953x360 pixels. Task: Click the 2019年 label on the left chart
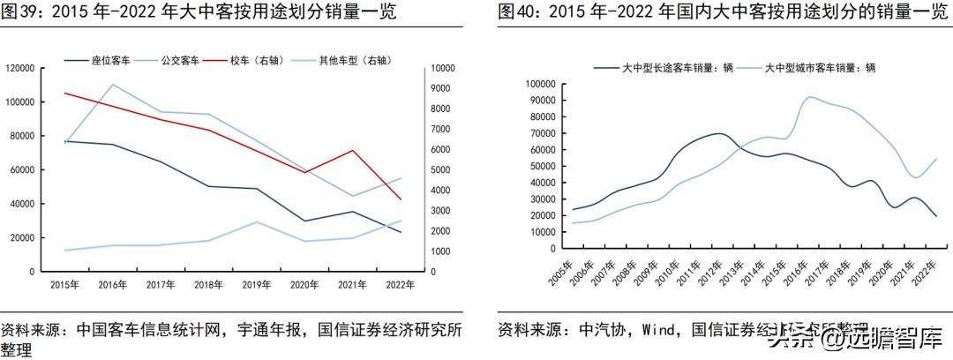(x=257, y=284)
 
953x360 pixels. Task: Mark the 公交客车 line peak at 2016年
(x=113, y=85)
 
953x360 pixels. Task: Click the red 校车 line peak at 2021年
(x=353, y=150)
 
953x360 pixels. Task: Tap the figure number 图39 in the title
(x=20, y=12)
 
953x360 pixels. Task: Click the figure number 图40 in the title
(x=516, y=12)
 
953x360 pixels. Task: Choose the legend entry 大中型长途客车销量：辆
(x=671, y=67)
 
